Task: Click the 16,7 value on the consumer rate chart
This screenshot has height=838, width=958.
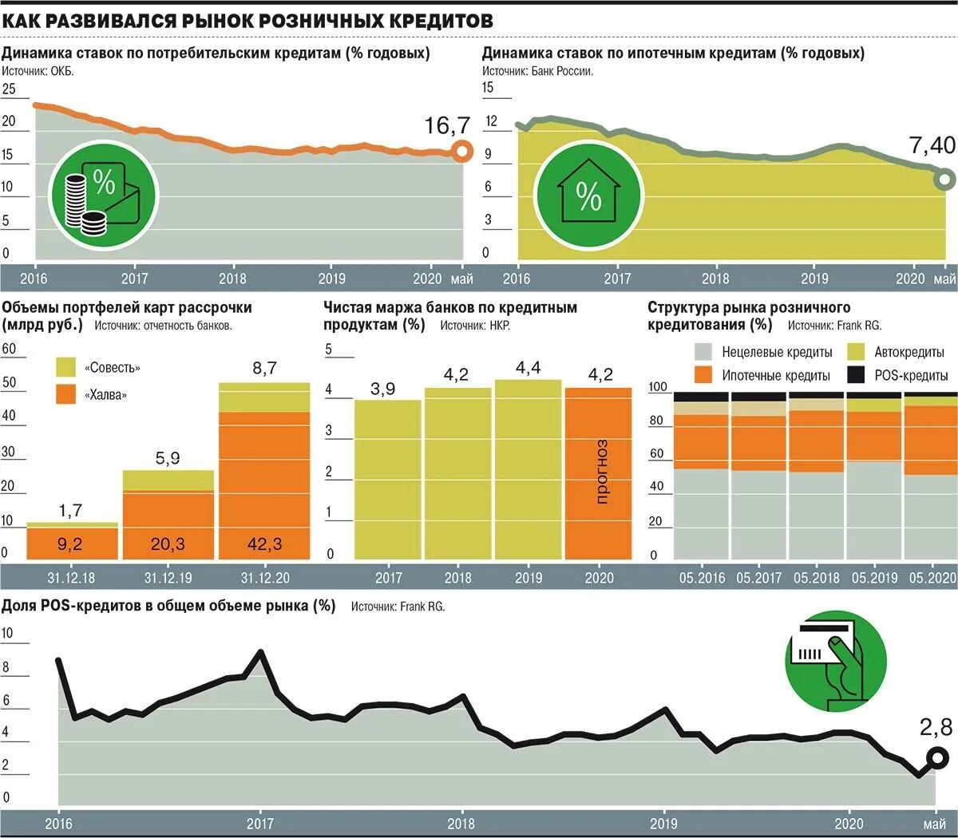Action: [447, 125]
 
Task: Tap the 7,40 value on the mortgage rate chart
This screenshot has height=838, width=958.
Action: [932, 145]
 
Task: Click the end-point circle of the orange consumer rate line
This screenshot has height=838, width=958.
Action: [461, 151]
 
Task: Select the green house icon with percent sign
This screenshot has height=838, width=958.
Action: [588, 195]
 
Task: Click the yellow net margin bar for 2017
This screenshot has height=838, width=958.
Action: [388, 479]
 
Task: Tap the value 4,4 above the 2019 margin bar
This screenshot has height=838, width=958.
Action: [528, 368]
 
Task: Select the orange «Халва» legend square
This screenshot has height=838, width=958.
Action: [66, 394]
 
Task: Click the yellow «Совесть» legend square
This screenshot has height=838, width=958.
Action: [66, 367]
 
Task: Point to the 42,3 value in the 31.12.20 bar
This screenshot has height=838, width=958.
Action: [263, 544]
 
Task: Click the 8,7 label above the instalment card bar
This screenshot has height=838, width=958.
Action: [264, 368]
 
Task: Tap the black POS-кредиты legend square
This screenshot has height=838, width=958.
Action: [856, 374]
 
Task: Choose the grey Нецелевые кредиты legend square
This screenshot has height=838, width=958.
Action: [703, 352]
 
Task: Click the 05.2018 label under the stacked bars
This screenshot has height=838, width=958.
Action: [816, 578]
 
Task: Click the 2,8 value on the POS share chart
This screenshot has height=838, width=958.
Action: [936, 727]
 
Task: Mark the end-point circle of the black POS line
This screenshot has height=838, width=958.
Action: [936, 757]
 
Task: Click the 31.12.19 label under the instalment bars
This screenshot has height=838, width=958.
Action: [168, 578]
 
